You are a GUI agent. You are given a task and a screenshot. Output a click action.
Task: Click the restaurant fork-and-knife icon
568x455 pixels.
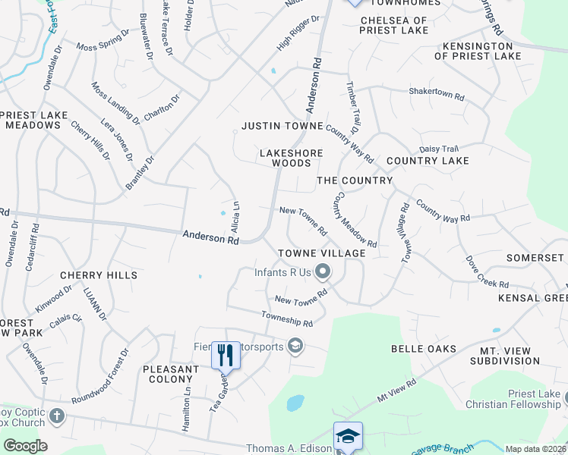pyautogui.click(x=226, y=355)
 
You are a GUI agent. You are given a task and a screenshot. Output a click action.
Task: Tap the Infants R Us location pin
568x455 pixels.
pyautogui.click(x=323, y=271)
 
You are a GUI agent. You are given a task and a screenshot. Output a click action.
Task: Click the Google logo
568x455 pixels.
pyautogui.click(x=24, y=446)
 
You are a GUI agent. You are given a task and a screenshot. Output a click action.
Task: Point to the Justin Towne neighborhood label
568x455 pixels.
pyautogui.click(x=282, y=125)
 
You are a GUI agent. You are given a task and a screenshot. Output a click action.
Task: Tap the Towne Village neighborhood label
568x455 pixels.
pyautogui.click(x=321, y=253)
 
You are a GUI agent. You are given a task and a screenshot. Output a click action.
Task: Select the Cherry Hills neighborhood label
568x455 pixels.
pyautogui.click(x=101, y=275)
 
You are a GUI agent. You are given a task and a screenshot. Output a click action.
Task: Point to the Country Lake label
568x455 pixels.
pyautogui.click(x=428, y=161)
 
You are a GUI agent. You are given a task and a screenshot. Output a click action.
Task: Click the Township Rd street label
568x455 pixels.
pyautogui.click(x=287, y=319)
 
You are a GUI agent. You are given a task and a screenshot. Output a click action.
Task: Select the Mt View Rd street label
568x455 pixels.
pyautogui.click(x=397, y=391)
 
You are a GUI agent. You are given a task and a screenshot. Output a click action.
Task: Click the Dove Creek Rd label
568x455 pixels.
pyautogui.click(x=488, y=273)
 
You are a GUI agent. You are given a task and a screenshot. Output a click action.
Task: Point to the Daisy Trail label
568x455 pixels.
pyautogui.click(x=439, y=149)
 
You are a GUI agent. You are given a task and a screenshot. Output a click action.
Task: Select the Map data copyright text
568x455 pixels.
pyautogui.click(x=535, y=449)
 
